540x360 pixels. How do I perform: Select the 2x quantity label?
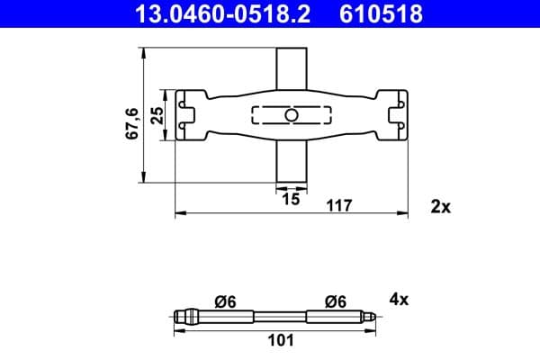pyautogui.click(x=440, y=206)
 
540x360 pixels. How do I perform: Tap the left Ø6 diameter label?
pyautogui.click(x=227, y=301)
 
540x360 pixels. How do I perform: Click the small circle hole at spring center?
pyautogui.click(x=290, y=115)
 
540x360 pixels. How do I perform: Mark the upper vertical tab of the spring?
pyautogui.click(x=290, y=69)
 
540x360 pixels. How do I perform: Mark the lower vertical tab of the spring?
pyautogui.click(x=290, y=162)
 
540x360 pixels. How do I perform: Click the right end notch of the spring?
pyautogui.click(x=394, y=115)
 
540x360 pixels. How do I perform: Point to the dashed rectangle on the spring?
pyautogui.click(x=270, y=115)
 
